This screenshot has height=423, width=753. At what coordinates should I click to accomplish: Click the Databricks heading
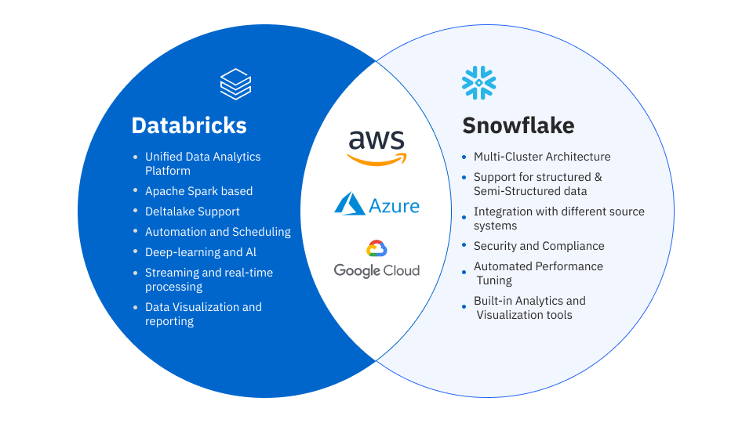click(x=189, y=125)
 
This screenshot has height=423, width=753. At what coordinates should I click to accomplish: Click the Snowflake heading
click(x=518, y=125)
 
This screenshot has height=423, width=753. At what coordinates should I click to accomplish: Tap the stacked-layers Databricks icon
click(x=235, y=84)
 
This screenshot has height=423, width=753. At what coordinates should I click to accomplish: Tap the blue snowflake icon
click(x=478, y=83)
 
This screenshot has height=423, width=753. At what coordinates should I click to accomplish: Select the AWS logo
click(x=376, y=147)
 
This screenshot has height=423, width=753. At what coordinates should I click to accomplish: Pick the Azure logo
click(x=376, y=204)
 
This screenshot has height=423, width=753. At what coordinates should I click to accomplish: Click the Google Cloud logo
click(x=376, y=260)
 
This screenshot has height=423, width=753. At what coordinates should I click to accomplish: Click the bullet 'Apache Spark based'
click(x=198, y=191)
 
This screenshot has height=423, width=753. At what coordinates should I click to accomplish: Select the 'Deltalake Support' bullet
click(x=192, y=211)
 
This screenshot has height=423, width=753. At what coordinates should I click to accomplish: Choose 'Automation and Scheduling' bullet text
click(x=217, y=232)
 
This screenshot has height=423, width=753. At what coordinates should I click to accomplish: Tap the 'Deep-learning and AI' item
click(x=200, y=252)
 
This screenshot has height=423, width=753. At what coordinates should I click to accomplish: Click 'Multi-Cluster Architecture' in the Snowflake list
click(x=542, y=157)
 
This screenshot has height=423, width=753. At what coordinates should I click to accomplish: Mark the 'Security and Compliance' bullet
click(x=539, y=246)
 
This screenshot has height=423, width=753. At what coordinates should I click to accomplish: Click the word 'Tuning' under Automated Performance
click(x=494, y=280)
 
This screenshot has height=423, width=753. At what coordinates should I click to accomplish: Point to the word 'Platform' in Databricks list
click(x=168, y=171)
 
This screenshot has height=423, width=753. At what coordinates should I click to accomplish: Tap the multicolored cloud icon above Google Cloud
click(x=376, y=249)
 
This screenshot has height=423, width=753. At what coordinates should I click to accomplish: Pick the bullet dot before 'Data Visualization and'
click(x=136, y=307)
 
